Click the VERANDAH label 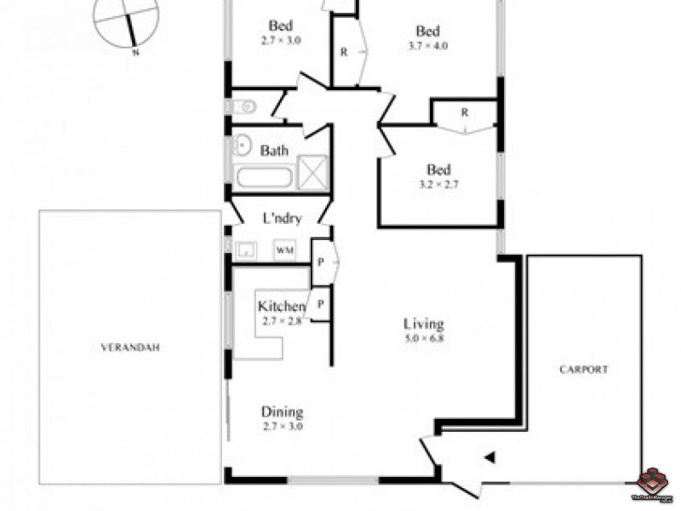click(x=130, y=347)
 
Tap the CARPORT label click(x=583, y=370)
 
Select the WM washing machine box click(x=284, y=250)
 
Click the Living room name click(x=424, y=324)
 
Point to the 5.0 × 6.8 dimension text click(x=424, y=338)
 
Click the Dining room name click(x=282, y=413)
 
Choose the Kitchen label click(x=282, y=307)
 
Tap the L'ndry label click(x=282, y=218)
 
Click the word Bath click(x=274, y=151)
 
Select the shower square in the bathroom click(x=312, y=171)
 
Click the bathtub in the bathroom click(x=264, y=178)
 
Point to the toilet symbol click(x=241, y=106)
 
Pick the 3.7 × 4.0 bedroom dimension click(x=427, y=46)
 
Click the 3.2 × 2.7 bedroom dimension click(x=439, y=183)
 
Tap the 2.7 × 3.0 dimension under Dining click(x=282, y=428)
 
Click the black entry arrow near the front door click(x=489, y=457)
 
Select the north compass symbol click(x=127, y=20)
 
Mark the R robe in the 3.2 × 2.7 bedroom click(x=465, y=112)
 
